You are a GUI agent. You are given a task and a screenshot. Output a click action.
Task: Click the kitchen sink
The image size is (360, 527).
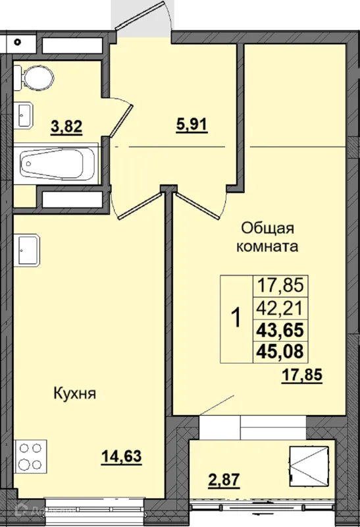[28, 248]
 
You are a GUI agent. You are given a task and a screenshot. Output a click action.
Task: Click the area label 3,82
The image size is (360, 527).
[66, 126]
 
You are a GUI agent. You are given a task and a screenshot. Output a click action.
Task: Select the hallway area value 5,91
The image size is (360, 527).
[192, 124]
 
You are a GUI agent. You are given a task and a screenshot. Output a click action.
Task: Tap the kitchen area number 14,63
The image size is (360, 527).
[122, 455]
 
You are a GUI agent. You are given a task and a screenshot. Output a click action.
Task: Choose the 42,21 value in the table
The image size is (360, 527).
[279, 306]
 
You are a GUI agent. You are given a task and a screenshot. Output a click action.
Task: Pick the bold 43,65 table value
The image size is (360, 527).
[279, 329]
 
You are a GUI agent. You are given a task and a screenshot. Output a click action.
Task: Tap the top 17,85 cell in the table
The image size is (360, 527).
[279, 285]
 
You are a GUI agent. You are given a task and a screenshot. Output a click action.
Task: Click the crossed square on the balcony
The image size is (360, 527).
[309, 466]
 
